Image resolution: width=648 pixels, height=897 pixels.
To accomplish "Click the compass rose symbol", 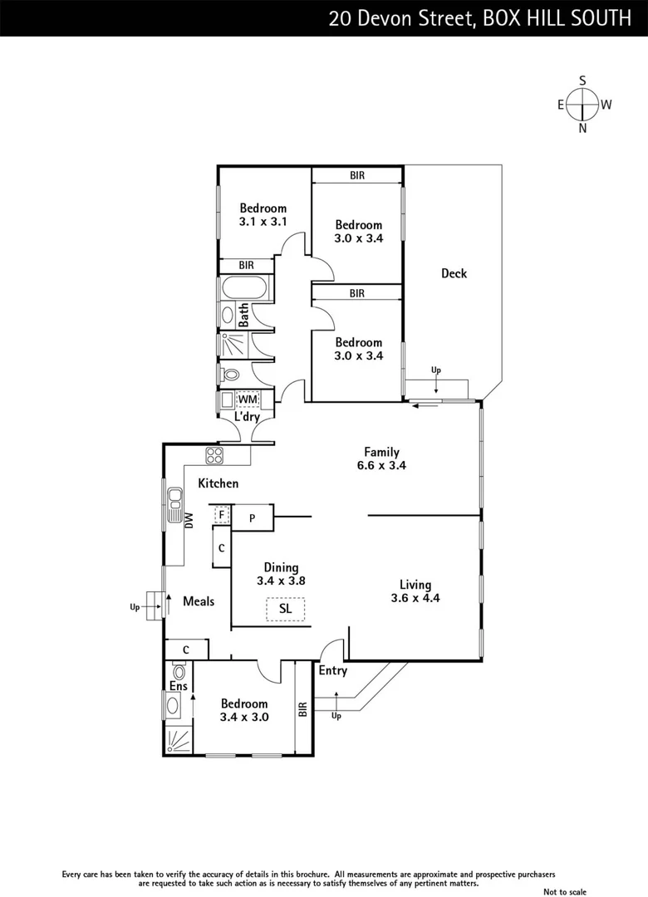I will tap(583, 105).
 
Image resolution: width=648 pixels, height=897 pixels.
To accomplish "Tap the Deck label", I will tap(454, 273).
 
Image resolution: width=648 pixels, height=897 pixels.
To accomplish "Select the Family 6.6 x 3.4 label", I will tap(381, 459).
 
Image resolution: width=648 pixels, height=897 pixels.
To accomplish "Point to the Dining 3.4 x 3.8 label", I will tap(282, 574).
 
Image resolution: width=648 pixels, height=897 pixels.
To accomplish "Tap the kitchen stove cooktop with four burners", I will tap(215, 455).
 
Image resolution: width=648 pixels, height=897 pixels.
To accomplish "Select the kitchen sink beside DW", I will tap(174, 504).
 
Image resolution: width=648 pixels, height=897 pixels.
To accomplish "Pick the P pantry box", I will tap(252, 518).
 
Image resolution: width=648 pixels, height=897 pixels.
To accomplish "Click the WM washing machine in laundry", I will tap(248, 399).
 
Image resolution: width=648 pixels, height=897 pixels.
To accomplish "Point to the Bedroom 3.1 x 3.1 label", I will tap(263, 215).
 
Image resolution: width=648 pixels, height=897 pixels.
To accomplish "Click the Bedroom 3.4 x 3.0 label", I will tap(244, 710).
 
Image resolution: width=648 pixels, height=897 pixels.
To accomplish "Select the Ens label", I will tap(179, 686).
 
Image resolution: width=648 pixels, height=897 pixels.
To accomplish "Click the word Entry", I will tap(332, 670).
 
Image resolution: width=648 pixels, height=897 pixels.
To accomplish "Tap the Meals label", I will tap(199, 600).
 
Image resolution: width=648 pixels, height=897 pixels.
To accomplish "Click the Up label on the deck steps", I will tap(435, 369).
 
